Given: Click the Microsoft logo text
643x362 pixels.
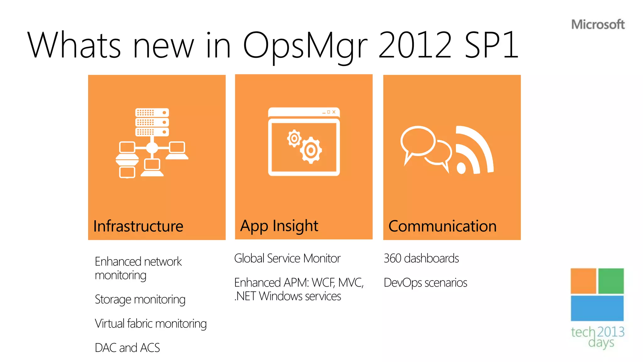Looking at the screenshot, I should click(598, 25).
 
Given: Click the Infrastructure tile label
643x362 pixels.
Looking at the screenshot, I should click(138, 226).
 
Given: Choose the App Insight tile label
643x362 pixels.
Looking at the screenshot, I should click(279, 226).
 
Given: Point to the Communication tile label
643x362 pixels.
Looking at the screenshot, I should click(442, 226).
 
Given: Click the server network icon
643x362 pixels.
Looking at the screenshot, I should click(152, 143).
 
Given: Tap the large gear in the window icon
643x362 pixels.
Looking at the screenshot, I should click(311, 151).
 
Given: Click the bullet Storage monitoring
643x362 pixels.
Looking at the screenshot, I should click(140, 299).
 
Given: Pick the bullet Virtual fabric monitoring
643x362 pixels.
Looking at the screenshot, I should click(151, 324).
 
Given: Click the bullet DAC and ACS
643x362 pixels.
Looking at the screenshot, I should click(127, 348).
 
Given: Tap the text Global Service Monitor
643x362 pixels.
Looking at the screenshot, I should click(287, 258).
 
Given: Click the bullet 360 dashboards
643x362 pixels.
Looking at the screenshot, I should click(421, 258).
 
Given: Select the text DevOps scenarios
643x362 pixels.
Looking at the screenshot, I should click(425, 282).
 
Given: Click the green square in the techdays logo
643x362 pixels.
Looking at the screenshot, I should click(611, 281).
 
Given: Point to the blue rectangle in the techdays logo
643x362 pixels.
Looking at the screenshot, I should click(597, 308).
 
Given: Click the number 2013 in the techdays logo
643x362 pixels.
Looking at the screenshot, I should click(611, 332).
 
